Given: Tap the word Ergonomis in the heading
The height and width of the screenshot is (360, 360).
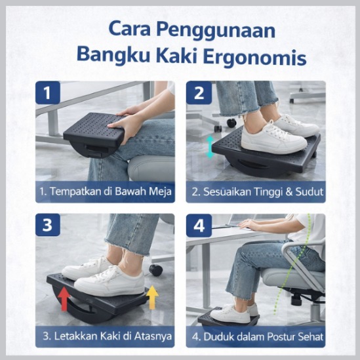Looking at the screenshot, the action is (x=255, y=58).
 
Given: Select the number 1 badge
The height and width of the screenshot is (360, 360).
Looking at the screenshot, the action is (x=48, y=92).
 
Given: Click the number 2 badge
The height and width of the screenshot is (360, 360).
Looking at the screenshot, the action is (x=199, y=92).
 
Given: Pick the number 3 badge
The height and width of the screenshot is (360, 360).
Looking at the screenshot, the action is (x=48, y=225).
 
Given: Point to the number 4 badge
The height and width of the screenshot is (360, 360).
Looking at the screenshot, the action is (x=199, y=225).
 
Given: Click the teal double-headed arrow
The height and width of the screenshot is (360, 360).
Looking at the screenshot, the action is (x=210, y=147).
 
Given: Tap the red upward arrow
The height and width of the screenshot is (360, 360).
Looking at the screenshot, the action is (x=64, y=299).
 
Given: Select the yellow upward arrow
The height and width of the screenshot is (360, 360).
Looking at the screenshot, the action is (x=152, y=297).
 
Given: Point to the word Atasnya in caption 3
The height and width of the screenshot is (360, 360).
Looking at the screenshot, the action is (x=153, y=336).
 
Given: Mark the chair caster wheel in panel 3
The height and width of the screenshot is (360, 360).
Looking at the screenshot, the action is (x=156, y=270).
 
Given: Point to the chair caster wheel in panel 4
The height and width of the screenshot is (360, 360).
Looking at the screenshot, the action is (x=296, y=299).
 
